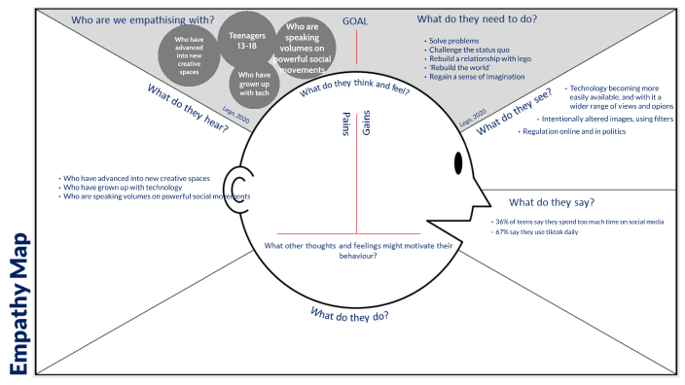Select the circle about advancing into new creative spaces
pyautogui.click(x=190, y=53)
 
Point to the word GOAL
pyautogui.click(x=355, y=20)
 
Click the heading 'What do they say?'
pyautogui.click(x=551, y=202)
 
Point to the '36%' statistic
pyautogui.click(x=504, y=222)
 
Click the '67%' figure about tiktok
pyautogui.click(x=504, y=232)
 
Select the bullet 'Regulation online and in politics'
pyautogui.click(x=574, y=130)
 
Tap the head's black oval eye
pyautogui.click(x=458, y=163)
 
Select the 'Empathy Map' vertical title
pyautogui.click(x=21, y=300)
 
